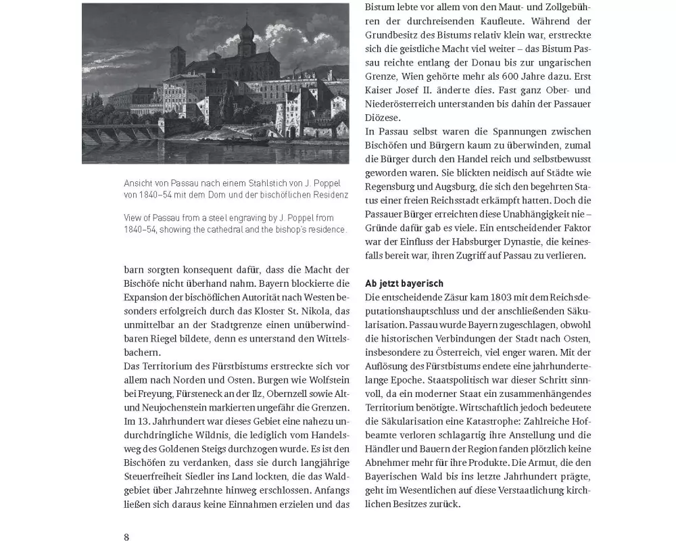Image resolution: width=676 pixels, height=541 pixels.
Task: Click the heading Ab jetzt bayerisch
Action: coord(404,283)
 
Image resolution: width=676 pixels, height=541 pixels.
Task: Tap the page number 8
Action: coord(126,537)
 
